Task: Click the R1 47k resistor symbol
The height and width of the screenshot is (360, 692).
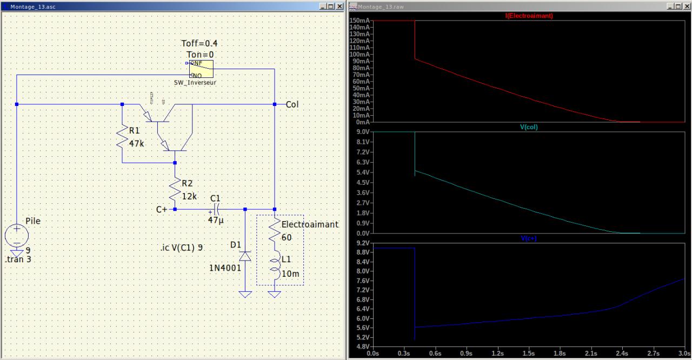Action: [122, 137]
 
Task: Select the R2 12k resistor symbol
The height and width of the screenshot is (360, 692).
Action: [175, 189]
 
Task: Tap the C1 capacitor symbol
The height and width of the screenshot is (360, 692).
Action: [216, 209]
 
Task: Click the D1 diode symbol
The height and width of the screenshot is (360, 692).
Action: [245, 256]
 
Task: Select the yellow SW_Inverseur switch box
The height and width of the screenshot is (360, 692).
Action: [201, 69]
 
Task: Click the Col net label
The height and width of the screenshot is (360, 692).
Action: [292, 104]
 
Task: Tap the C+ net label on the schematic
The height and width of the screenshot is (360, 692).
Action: [162, 209]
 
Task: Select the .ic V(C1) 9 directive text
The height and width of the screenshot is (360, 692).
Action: [182, 248]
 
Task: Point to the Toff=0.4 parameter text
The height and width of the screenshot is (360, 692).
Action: [199, 43]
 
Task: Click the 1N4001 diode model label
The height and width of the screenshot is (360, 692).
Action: [225, 268]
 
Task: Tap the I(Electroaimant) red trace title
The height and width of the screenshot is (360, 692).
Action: [529, 16]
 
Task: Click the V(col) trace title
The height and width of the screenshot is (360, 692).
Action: [529, 128]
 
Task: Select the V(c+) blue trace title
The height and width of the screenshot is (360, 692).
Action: [529, 238]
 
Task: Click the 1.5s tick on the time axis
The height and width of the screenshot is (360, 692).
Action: [529, 354]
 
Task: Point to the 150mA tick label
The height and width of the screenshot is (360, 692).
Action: [360, 21]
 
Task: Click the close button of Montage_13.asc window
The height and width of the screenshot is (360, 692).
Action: [340, 6]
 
